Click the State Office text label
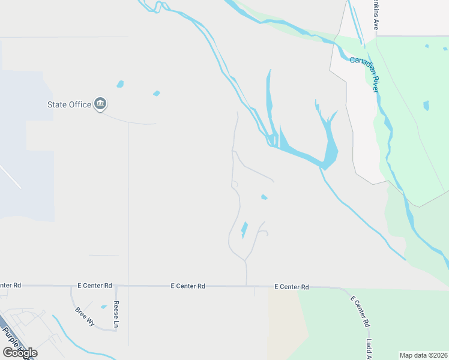pos(70,104)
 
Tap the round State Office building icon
pos(101,104)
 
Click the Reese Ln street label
pos(116,314)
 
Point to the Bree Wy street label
pos(85,316)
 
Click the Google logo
pos(20,353)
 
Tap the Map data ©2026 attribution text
pos(423,355)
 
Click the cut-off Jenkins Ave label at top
pos(376,16)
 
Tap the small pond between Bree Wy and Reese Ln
pos(104,307)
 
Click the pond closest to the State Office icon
pos(120,85)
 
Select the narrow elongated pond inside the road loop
pos(244,229)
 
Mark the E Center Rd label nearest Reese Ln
pos(95,286)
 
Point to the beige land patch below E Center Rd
pos(286,324)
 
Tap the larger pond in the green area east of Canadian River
pos(426,106)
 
